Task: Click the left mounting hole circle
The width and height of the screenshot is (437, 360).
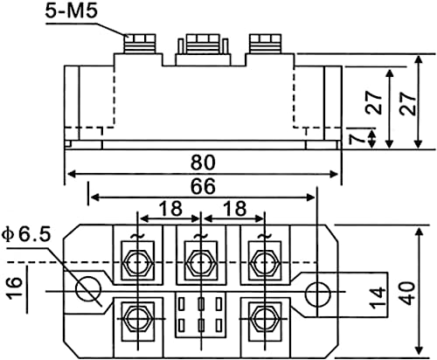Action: point(88,287)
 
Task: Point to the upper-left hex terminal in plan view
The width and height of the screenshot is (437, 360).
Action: point(135,260)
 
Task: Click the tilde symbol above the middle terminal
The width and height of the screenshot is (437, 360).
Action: point(201,236)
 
